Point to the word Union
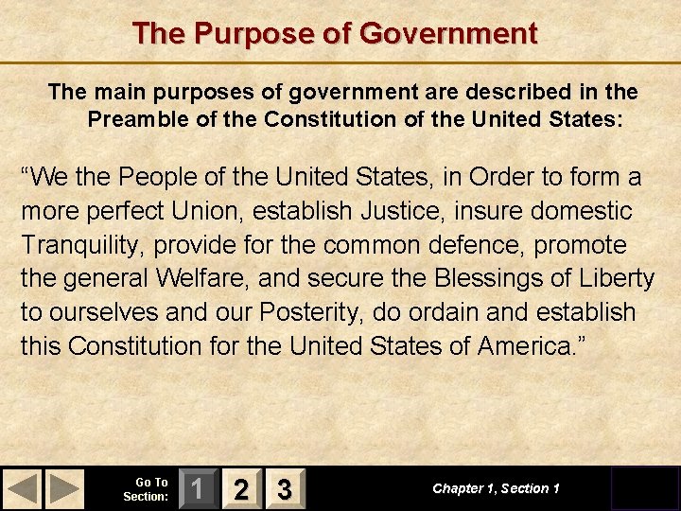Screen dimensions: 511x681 (x=256, y=211)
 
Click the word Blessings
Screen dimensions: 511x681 (x=482, y=279)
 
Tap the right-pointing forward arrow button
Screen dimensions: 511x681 (x=64, y=488)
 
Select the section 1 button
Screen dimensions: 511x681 (x=197, y=488)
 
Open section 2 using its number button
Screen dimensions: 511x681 (x=241, y=488)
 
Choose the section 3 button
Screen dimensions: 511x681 (x=284, y=488)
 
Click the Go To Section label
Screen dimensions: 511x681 (x=147, y=488)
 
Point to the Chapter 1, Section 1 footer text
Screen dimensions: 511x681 (x=496, y=488)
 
